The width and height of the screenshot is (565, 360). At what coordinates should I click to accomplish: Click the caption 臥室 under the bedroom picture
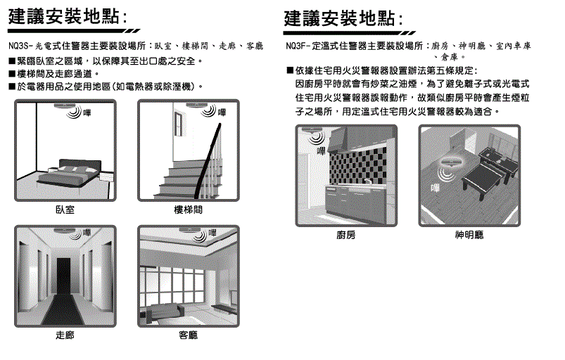[65, 210]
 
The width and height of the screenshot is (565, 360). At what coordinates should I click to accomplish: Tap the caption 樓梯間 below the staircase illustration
[188, 210]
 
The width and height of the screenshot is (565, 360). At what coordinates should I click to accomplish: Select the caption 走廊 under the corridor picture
[65, 336]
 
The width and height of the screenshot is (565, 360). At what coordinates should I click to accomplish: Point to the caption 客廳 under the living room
[188, 336]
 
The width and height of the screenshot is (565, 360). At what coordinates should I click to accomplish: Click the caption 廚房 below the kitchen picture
[346, 235]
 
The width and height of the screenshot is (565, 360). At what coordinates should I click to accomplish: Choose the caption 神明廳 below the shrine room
[469, 235]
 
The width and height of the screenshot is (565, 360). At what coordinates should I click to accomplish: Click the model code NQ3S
[19, 46]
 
